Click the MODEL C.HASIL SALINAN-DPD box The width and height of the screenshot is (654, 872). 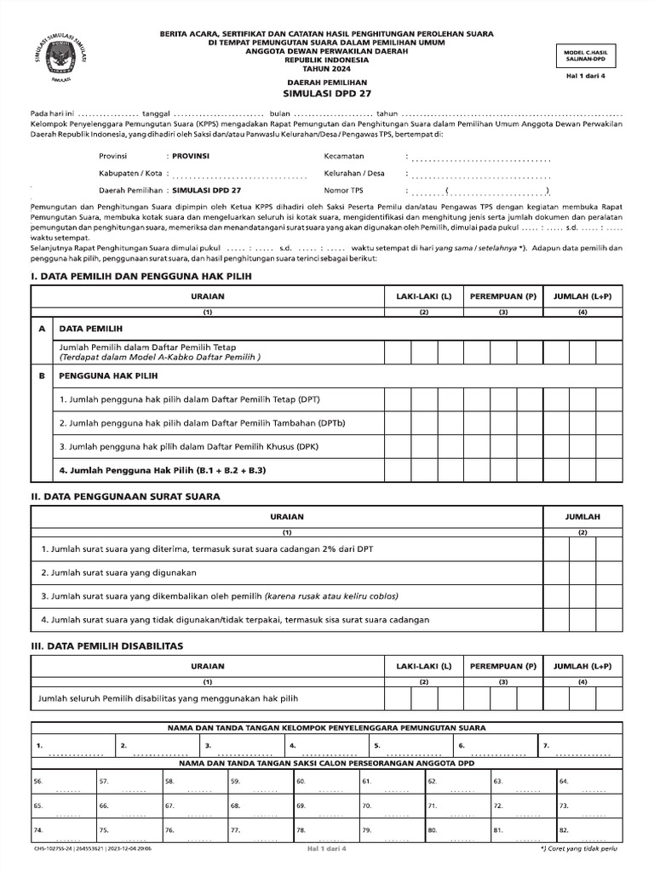point(584,54)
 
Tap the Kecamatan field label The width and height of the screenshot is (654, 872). point(344,157)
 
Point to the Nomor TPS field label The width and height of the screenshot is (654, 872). point(344,190)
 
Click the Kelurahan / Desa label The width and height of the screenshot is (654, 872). point(354,173)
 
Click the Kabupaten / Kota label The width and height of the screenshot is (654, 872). point(130,174)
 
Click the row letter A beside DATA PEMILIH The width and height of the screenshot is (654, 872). point(41,328)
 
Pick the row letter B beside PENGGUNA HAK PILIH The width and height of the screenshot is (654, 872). point(41,375)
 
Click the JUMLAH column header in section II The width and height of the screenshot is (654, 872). point(582,517)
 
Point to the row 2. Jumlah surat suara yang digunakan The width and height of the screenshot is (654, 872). point(118,572)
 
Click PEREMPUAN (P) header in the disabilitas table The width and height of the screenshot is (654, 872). point(502,666)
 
